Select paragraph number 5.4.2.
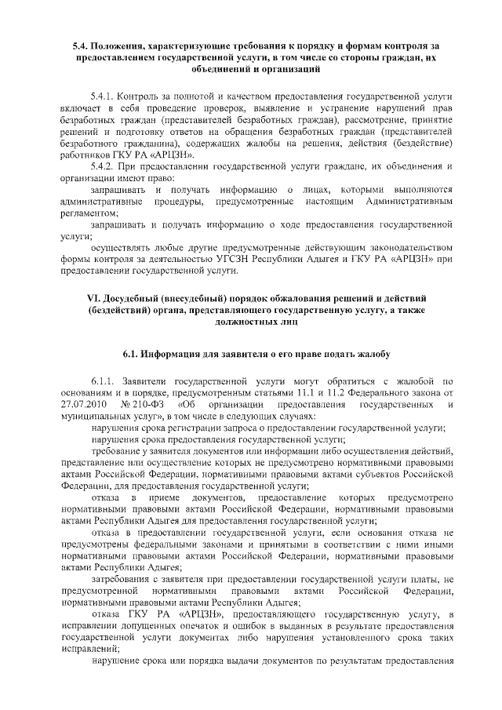(104, 167)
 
